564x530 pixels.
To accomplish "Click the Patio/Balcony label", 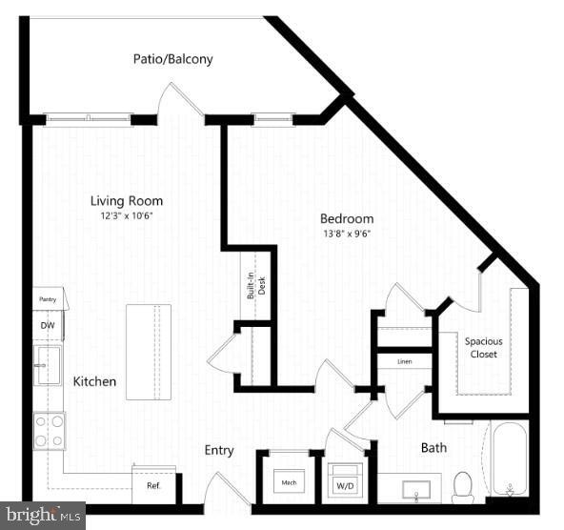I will tap(172, 59).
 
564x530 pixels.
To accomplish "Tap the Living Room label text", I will tap(127, 201).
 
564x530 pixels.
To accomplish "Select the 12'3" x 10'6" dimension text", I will tap(127, 215).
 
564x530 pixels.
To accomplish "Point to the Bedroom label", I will tap(346, 218).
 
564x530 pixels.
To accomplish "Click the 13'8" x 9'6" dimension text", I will tap(346, 233).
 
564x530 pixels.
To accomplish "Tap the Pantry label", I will tap(48, 299).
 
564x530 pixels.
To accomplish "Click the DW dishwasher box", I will tap(48, 325).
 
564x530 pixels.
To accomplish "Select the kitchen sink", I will tap(48, 364).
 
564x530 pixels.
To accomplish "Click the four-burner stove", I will tap(49, 430).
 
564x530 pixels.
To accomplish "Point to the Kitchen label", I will tap(95, 381).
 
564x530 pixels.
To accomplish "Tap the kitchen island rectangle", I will tap(149, 352).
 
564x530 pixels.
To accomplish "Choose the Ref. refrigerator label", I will tap(153, 485).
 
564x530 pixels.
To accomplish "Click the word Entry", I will tap(219, 450).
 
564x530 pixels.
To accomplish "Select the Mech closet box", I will tap(290, 483).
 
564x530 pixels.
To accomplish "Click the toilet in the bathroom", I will tap(463, 486).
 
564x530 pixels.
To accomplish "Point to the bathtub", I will tap(509, 459).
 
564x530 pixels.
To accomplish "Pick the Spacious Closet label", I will tap(483, 348).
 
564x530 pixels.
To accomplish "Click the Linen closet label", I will tap(404, 362).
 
